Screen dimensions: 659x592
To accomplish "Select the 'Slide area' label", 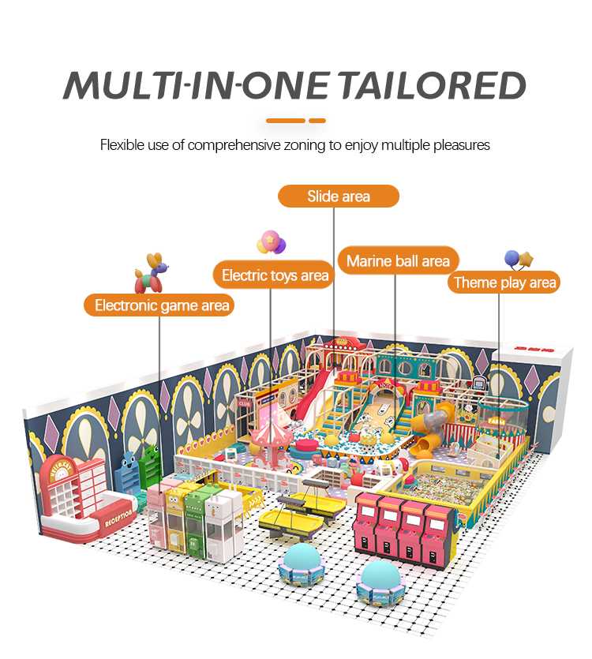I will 339,196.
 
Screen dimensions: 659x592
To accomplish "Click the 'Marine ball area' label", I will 398,260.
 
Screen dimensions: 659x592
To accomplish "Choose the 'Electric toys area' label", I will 275,275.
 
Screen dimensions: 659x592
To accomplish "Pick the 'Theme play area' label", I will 504,283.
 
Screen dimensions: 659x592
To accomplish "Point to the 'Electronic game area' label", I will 162,305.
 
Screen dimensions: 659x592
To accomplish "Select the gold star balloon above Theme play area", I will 526,259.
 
